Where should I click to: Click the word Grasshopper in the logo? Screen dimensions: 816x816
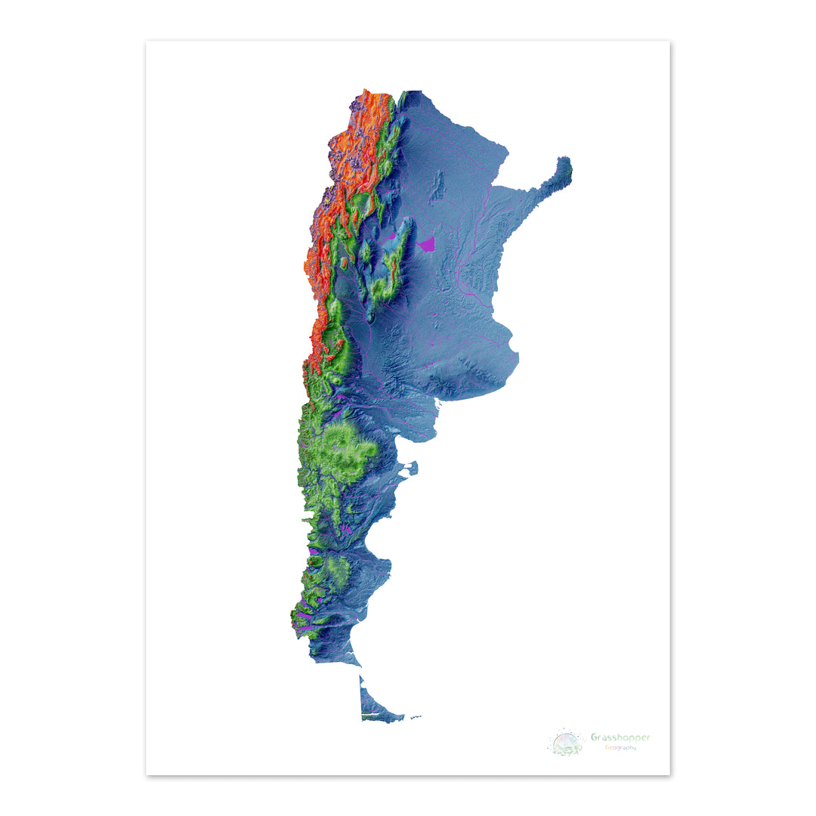(620, 737)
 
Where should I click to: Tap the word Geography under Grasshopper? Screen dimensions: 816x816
(620, 748)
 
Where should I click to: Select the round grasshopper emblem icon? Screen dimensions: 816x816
(567, 743)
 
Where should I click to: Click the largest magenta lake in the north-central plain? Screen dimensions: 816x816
(427, 244)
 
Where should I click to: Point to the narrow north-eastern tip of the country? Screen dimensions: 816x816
(565, 168)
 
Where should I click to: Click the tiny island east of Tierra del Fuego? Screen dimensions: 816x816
(415, 716)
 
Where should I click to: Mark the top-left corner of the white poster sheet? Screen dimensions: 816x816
(147, 42)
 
